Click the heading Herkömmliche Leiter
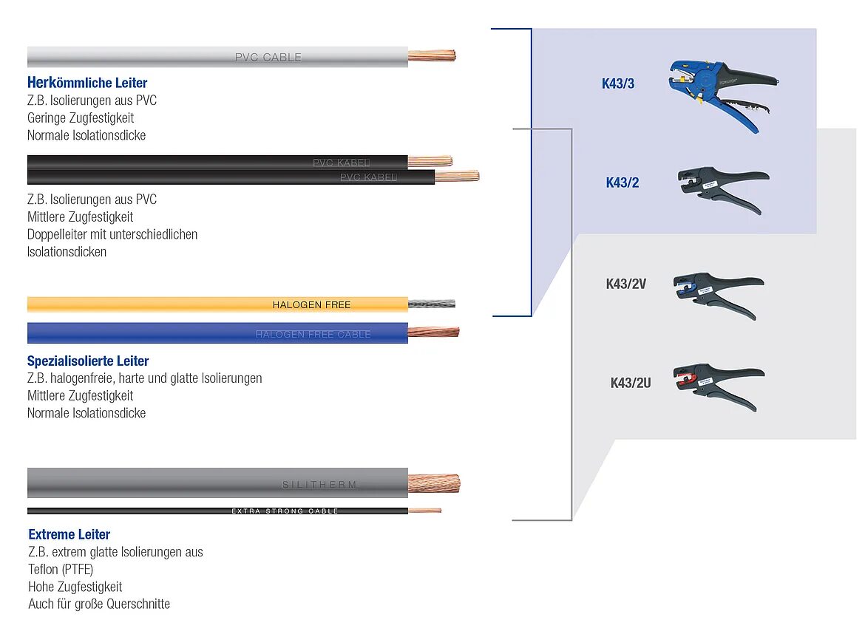87,83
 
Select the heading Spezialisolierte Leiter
88,361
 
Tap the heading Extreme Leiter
69,534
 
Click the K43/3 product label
618,83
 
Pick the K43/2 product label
623,183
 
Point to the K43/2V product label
626,283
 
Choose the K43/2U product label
631,383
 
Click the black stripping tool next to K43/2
722,188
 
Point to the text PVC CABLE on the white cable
268,57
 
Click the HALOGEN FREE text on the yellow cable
311,304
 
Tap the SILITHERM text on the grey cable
319,485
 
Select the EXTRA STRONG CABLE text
285,511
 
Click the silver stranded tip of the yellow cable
432,304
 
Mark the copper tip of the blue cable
433,332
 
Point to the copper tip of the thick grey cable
434,483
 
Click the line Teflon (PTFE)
61,569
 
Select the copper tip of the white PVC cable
432,55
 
